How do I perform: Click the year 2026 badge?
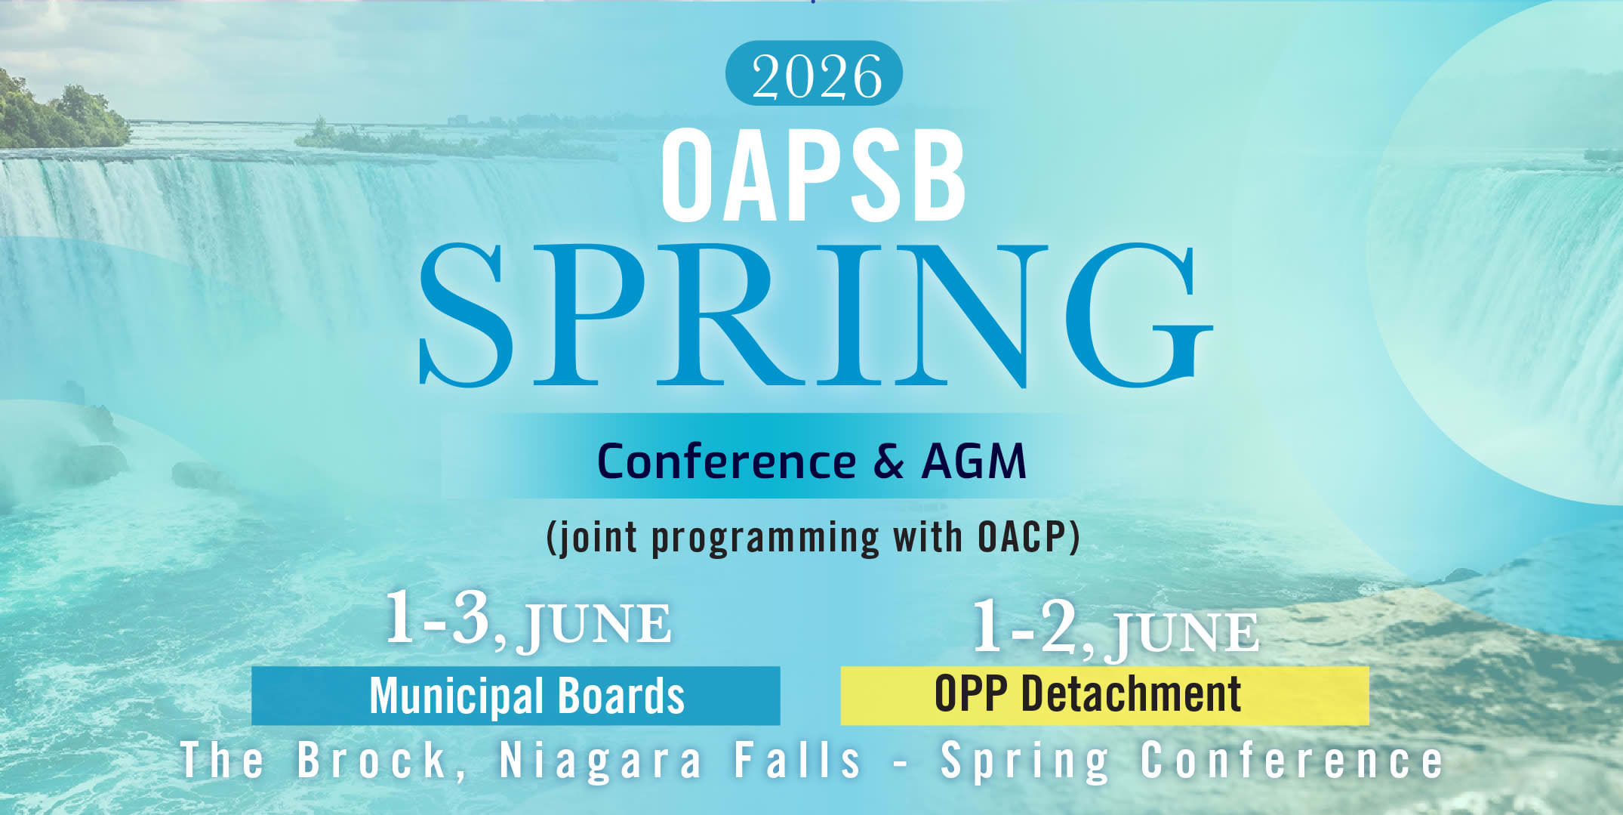click(814, 74)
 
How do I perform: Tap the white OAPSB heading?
click(813, 177)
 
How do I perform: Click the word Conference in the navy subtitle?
click(726, 462)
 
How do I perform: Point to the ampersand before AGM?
click(888, 462)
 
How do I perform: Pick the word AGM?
click(974, 462)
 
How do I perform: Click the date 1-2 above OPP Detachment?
click(1024, 627)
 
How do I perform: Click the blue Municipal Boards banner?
click(516, 696)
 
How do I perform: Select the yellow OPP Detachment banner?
click(1104, 695)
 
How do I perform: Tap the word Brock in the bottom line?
click(373, 760)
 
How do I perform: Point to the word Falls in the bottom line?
click(798, 760)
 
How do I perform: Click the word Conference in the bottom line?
click(1292, 760)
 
